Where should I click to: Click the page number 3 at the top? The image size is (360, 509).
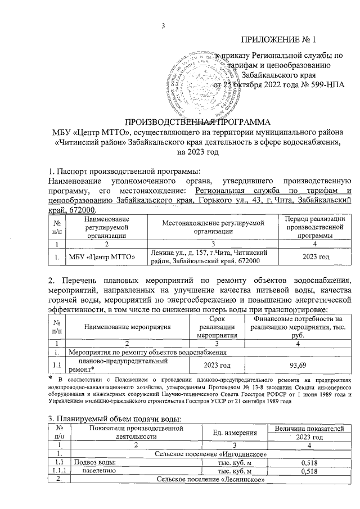point(163,24)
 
